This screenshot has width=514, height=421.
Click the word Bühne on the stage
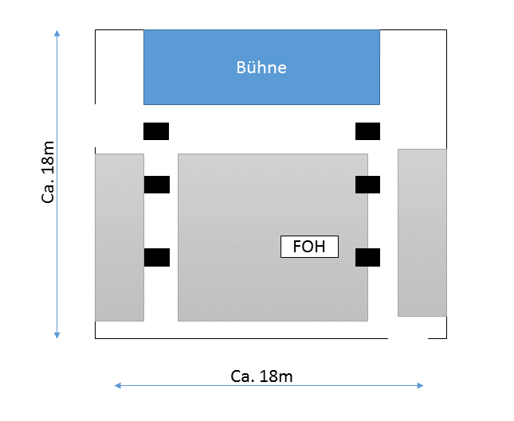pos(261,68)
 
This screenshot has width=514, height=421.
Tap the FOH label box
pos(309,247)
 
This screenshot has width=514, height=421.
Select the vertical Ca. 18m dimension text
pos(48,172)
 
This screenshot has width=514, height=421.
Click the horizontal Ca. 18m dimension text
pos(261,376)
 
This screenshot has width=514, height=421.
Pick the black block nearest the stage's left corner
pos(156,131)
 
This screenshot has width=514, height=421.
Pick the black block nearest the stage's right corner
pos(368,131)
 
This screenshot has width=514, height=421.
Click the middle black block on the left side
pos(157,185)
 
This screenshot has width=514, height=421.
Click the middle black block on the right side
pos(368,185)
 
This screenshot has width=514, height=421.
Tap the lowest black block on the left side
pos(157,257)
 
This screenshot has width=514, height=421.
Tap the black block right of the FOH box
pos(368,257)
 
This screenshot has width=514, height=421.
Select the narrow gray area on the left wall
pos(120,237)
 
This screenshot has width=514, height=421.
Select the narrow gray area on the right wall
pos(422,232)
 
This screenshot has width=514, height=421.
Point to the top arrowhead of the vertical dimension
pos(57,33)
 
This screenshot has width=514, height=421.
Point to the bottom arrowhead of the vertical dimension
pos(57,336)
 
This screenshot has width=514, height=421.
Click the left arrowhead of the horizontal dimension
pos(117,386)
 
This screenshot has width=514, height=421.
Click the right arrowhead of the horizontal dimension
pos(420,386)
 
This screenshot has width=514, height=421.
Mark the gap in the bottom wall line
pos(408,338)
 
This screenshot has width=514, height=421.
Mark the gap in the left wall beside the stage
pos(96,126)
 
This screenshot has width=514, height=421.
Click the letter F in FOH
pos(297,247)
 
